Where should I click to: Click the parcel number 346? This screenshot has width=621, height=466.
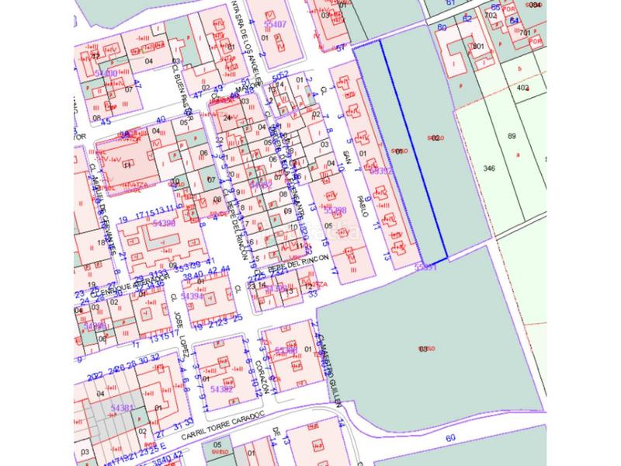[488, 168]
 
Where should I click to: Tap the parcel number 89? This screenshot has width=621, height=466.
[512, 136]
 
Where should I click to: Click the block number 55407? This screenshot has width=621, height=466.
[275, 25]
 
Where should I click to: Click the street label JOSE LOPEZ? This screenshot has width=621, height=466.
[182, 334]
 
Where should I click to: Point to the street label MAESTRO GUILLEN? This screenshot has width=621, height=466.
[330, 370]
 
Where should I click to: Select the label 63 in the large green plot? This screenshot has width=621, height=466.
[423, 348]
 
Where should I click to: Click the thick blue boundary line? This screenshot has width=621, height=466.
[414, 148]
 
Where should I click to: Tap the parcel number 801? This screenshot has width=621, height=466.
[478, 46]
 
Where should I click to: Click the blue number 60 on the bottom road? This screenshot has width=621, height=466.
[449, 438]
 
